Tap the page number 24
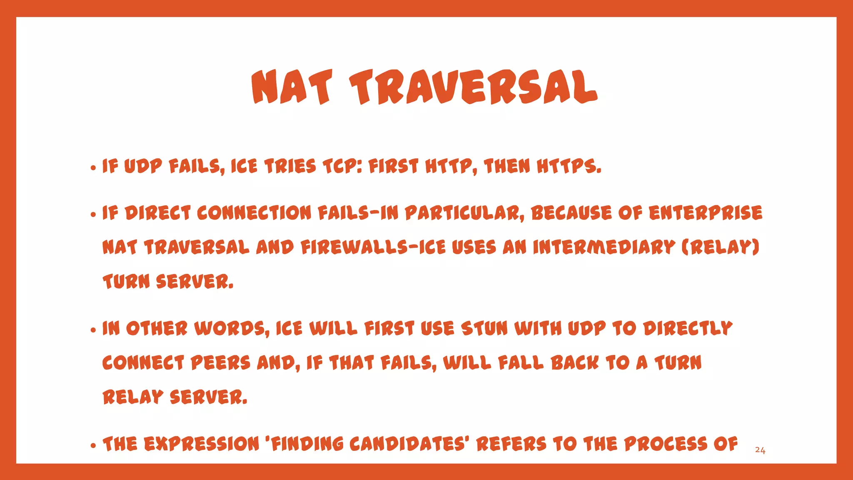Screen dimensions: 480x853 tap(760, 450)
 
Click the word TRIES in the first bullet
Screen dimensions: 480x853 tap(290, 166)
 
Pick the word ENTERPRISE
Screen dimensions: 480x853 tap(705, 212)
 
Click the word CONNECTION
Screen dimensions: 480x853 tap(254, 212)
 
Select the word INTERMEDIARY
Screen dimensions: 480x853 tap(604, 247)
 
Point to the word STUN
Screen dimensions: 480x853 tap(484, 328)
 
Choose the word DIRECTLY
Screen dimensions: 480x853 tap(688, 328)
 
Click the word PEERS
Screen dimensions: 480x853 tap(220, 362)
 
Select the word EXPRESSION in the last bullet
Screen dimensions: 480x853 tap(202, 444)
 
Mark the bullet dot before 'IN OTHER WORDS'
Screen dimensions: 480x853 tap(93, 330)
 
